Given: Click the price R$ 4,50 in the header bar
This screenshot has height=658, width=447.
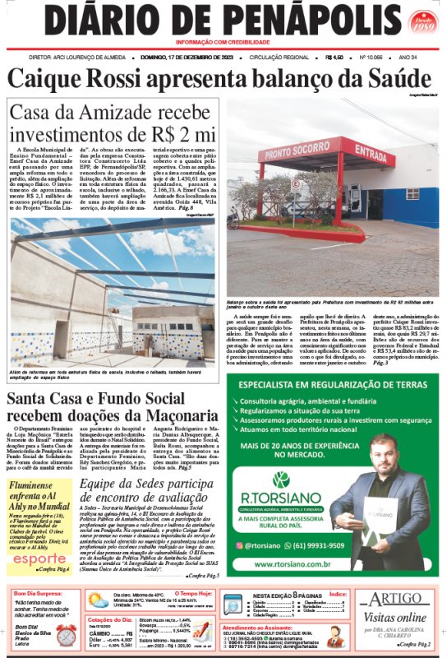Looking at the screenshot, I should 334,58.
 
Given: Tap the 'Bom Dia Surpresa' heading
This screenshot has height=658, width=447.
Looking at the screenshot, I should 35,592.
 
